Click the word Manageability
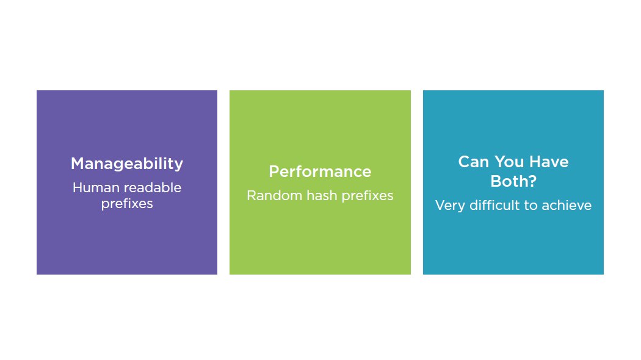click(127, 164)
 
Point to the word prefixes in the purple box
click(127, 204)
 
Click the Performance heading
click(320, 171)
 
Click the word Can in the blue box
click(473, 162)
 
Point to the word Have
click(549, 162)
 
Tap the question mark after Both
click(532, 182)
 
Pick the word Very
click(451, 206)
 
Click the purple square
click(127, 244)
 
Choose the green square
click(320, 244)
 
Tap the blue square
click(513, 244)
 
